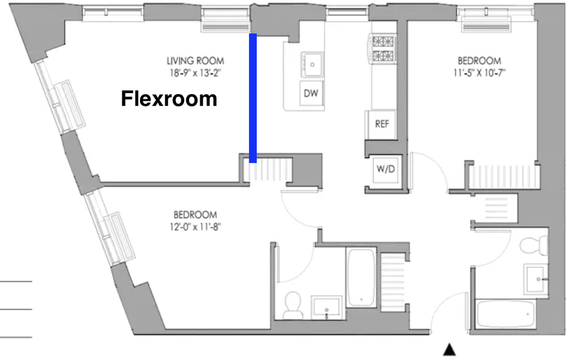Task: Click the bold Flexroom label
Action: click(169, 99)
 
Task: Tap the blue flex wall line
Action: click(252, 98)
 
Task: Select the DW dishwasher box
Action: click(311, 94)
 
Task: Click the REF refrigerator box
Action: click(382, 124)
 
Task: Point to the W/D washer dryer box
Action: click(386, 169)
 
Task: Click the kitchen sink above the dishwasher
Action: click(312, 65)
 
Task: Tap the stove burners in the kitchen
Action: click(383, 49)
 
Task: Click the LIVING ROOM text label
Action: click(195, 61)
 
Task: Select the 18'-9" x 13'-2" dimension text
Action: click(195, 73)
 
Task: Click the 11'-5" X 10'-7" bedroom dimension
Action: click(480, 73)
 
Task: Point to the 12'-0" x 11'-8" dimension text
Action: click(195, 227)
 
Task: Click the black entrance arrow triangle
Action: click(450, 349)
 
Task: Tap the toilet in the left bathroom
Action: click(292, 306)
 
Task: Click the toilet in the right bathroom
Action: click(534, 245)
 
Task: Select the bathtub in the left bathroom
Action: click(361, 277)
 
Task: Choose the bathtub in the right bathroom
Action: click(506, 313)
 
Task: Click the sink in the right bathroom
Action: click(536, 279)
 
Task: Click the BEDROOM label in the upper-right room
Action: click(480, 60)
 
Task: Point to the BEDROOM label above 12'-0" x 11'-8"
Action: click(195, 215)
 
